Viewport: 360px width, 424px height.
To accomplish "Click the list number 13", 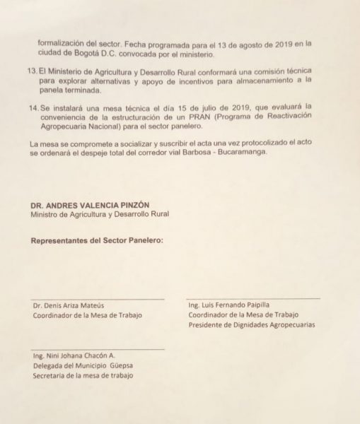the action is [x=32, y=71].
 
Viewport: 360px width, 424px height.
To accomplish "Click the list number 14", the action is [x=32, y=105].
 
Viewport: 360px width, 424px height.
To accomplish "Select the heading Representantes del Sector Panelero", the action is [x=97, y=240].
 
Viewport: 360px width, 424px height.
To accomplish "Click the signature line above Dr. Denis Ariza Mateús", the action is [x=98, y=299].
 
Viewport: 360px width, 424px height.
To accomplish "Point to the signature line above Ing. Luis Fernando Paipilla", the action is [x=252, y=298].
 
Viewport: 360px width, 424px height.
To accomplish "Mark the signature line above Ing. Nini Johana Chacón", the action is [x=98, y=348].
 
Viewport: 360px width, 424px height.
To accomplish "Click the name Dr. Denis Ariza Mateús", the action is [x=73, y=306].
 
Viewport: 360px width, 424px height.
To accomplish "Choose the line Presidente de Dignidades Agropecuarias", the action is [x=251, y=325].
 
